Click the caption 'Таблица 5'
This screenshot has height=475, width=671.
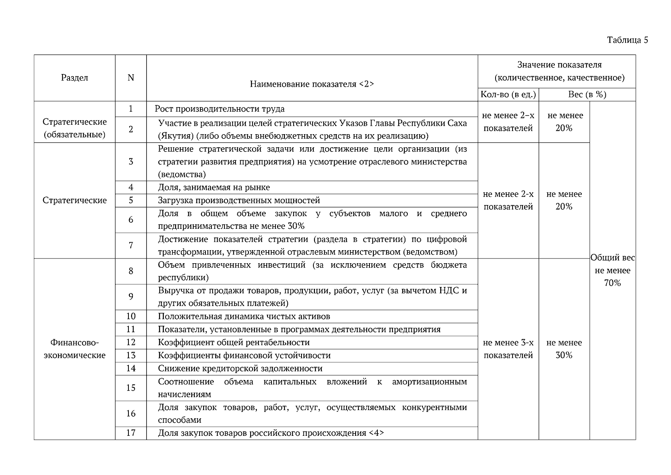(628, 40)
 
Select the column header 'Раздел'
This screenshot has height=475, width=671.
(74, 78)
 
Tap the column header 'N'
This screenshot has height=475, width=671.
(131, 78)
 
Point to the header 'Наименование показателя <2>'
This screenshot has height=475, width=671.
(312, 84)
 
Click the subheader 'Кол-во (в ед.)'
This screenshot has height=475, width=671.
(508, 95)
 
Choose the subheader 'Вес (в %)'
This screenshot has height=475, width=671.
(587, 95)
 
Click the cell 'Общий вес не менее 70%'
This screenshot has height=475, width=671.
(613, 270)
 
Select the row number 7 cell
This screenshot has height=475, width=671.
(131, 245)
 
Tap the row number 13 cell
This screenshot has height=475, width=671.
(131, 355)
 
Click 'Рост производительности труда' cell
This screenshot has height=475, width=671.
(219, 109)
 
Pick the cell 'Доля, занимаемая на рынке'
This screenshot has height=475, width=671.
(214, 188)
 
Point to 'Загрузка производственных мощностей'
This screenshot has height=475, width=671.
(239, 201)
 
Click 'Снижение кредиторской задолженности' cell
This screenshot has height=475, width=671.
(240, 369)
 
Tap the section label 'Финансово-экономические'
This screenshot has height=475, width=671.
(74, 349)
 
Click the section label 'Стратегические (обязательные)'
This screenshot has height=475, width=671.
(74, 128)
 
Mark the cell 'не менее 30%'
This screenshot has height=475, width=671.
(564, 349)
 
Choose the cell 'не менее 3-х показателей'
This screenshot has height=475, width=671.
(508, 349)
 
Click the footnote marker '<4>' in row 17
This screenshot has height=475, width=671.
(376, 433)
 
